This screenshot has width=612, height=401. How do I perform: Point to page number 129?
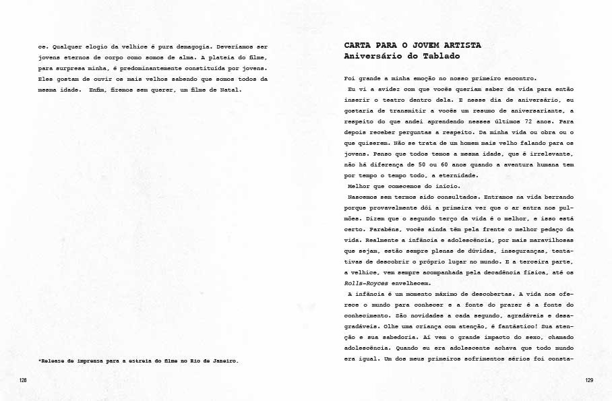(588, 381)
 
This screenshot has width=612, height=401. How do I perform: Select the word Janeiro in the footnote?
(223, 361)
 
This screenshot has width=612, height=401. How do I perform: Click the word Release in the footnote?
(56, 361)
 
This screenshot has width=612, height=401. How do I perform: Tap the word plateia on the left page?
(180, 58)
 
